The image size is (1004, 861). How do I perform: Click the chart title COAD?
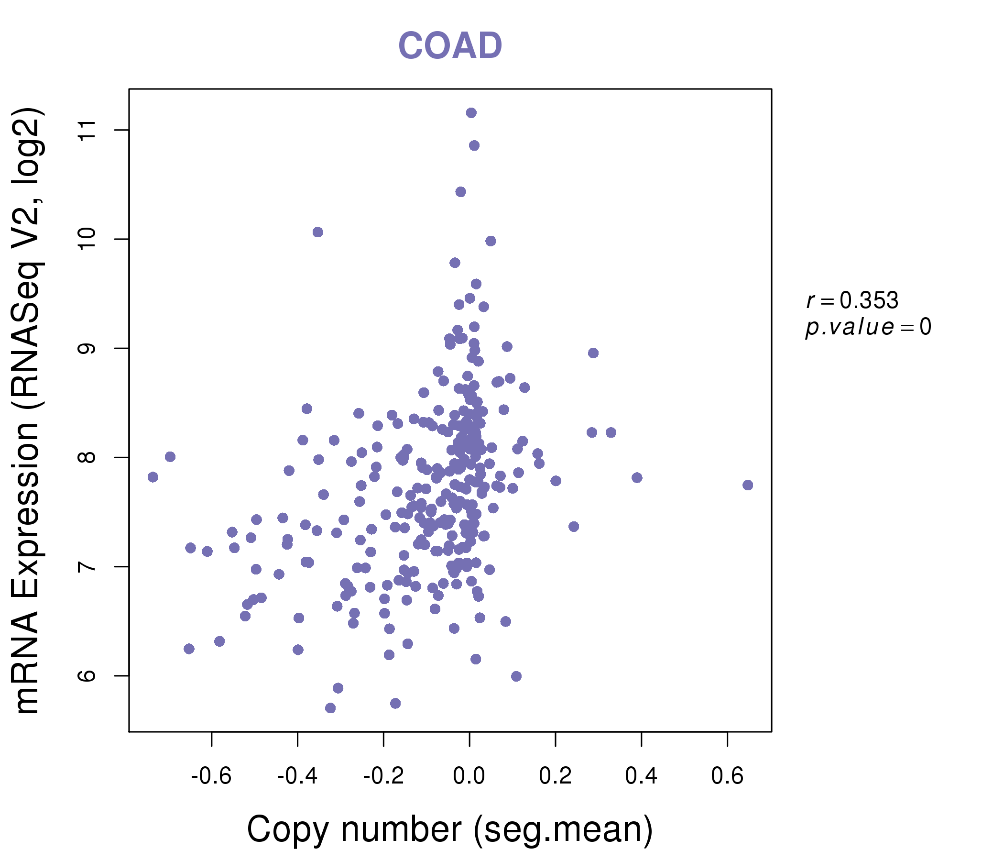click(x=450, y=45)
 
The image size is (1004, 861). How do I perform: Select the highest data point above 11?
click(x=471, y=113)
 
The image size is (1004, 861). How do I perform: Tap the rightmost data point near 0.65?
click(x=747, y=486)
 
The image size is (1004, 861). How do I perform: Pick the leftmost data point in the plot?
click(x=153, y=477)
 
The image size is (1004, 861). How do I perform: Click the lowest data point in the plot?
click(x=330, y=708)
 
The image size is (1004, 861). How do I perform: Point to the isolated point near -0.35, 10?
click(x=317, y=232)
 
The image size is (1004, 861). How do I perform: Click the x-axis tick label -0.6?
click(x=211, y=776)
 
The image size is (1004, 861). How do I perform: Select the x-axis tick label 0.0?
click(x=469, y=776)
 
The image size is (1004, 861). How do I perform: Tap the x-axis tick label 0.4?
click(x=641, y=776)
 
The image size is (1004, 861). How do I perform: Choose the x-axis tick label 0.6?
click(x=727, y=776)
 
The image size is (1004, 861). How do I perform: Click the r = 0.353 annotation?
click(x=852, y=300)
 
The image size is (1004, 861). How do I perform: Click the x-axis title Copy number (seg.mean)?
click(x=450, y=829)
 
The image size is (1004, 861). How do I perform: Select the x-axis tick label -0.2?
click(x=383, y=776)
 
